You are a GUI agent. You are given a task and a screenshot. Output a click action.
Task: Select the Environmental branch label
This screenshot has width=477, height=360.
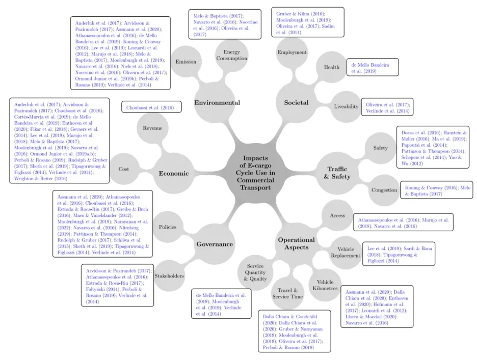[217, 103]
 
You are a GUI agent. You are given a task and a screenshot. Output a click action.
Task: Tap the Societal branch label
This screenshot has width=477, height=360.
[296, 103]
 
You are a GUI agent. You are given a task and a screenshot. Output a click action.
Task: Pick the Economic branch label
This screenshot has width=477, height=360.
[174, 173]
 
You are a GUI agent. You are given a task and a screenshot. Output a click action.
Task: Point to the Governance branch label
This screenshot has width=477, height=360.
[215, 244]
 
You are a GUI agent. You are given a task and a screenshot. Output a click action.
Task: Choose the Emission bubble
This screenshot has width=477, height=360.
[185, 62]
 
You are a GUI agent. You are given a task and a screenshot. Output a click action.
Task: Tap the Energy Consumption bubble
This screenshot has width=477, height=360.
[231, 55]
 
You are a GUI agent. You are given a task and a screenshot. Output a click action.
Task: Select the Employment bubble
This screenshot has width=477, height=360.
[291, 52]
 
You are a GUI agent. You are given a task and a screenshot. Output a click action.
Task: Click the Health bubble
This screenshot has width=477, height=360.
[331, 68]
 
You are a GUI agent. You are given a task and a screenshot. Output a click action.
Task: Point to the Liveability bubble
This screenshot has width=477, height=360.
[347, 107]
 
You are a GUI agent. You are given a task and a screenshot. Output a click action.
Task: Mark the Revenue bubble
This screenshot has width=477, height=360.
[152, 128]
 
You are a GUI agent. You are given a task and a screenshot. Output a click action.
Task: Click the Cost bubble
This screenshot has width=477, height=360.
[124, 169]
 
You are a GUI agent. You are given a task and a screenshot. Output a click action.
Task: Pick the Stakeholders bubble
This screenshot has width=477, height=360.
[169, 276]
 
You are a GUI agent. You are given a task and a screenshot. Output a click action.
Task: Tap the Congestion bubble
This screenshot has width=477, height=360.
[384, 190]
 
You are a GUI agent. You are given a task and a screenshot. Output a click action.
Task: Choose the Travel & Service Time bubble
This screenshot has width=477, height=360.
[287, 293]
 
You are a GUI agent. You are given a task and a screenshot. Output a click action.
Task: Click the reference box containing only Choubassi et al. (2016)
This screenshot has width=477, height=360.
[151, 107]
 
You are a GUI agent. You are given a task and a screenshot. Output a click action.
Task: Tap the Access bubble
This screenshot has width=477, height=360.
[337, 215]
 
